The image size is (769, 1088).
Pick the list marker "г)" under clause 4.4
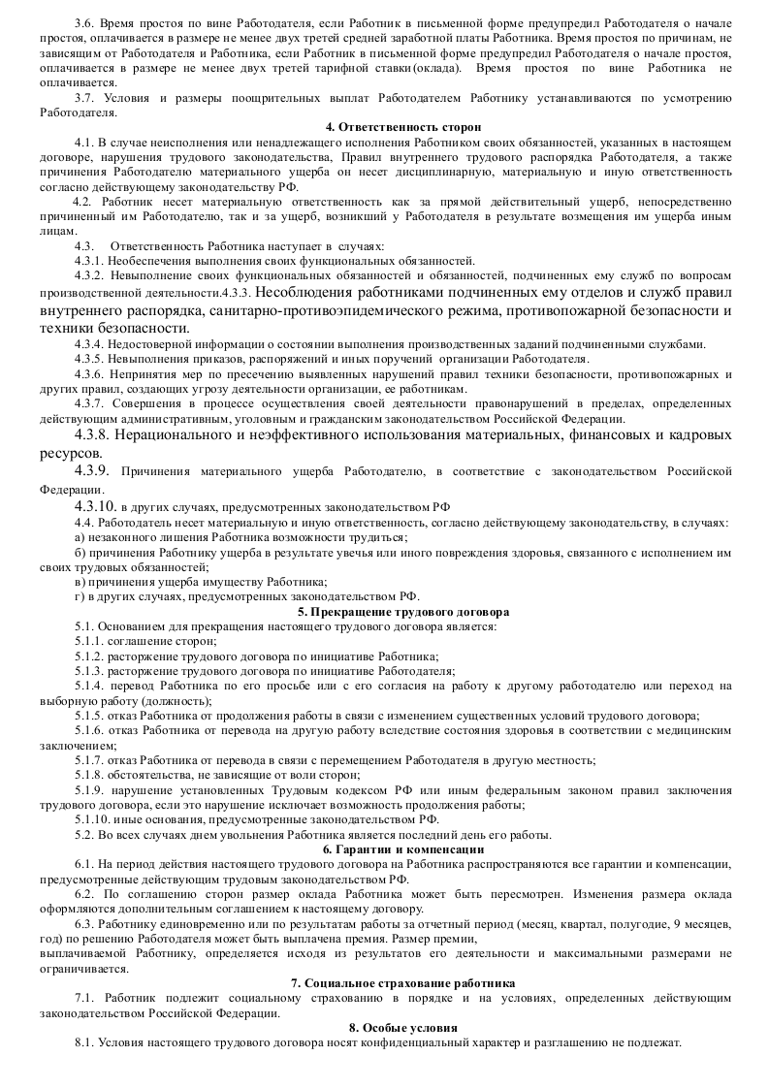click(78, 596)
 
